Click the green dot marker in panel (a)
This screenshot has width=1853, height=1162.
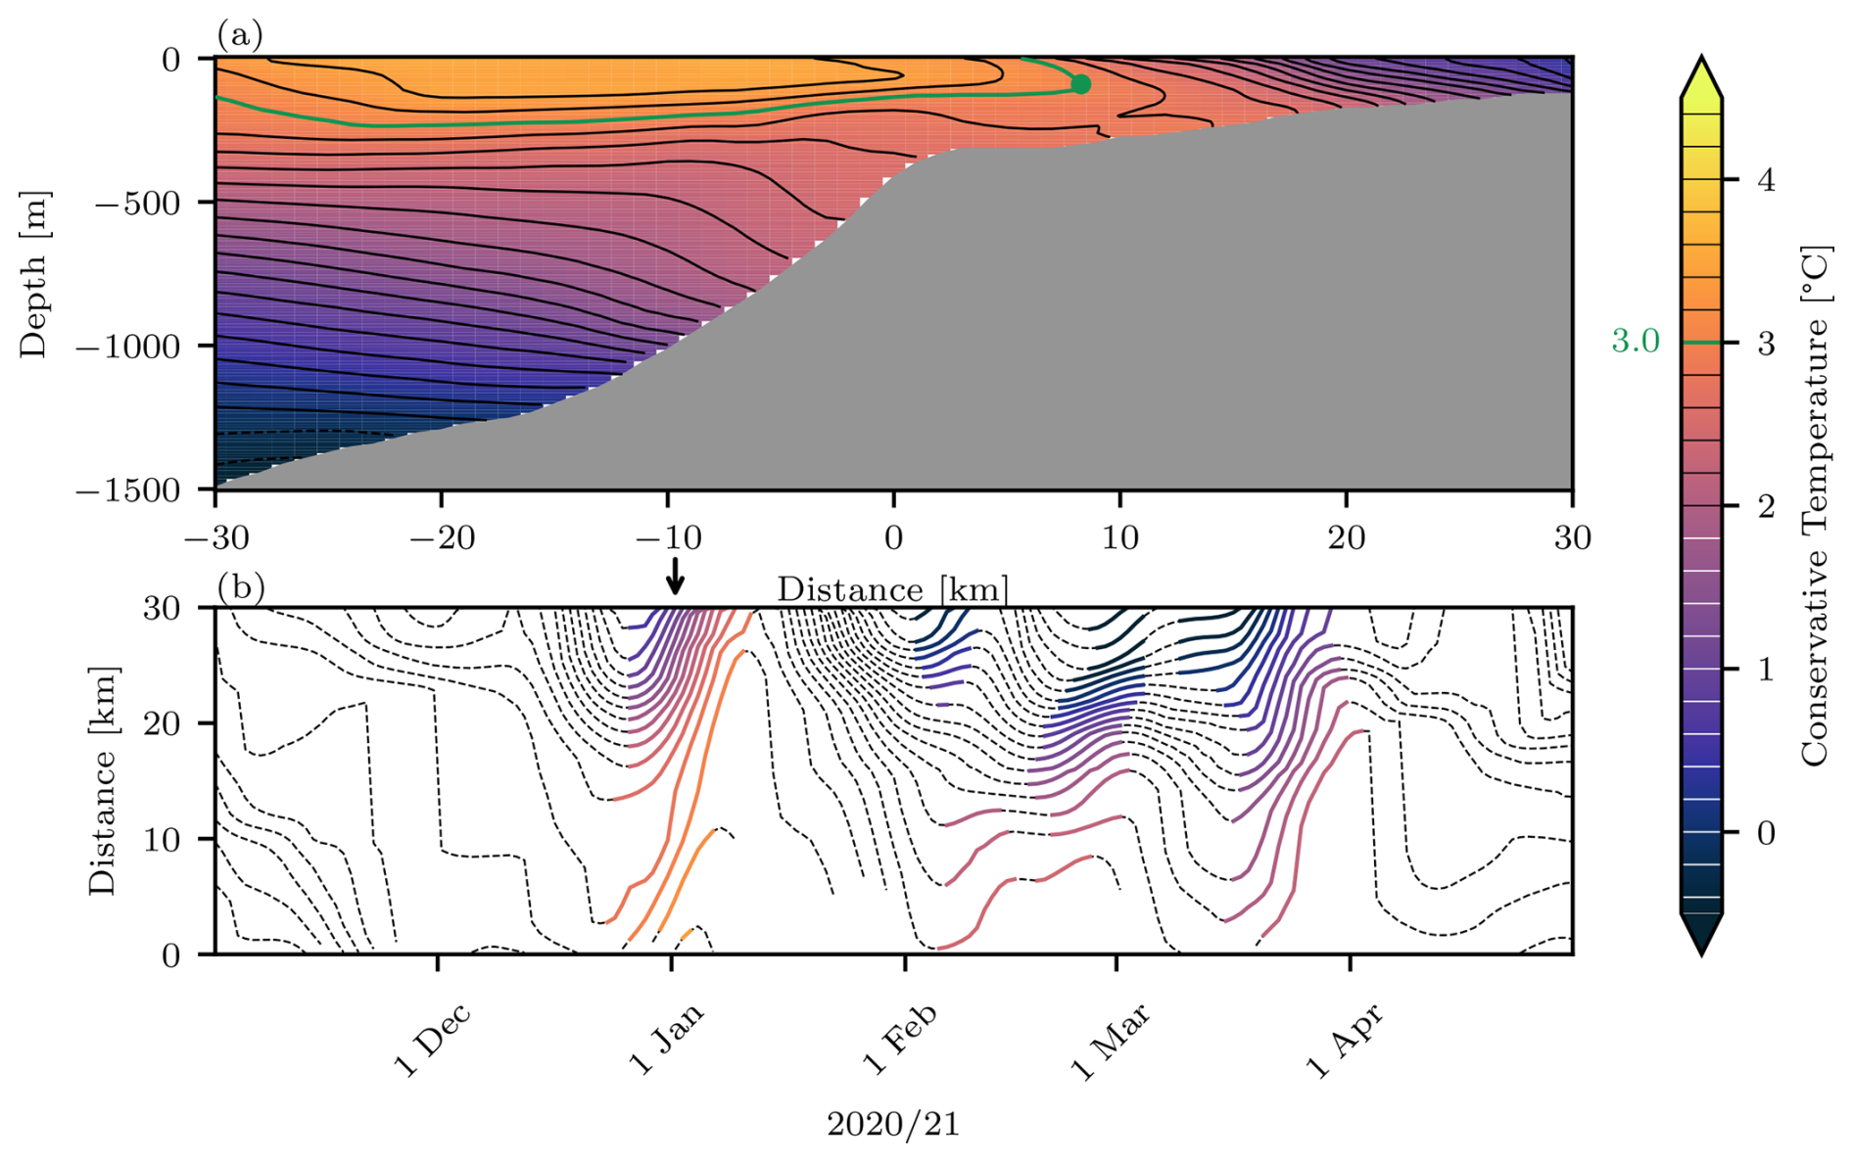1080,84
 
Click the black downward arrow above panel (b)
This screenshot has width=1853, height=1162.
675,577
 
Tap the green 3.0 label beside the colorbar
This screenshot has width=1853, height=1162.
1636,342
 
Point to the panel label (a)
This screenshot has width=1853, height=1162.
240,36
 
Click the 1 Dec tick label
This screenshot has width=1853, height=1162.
432,1040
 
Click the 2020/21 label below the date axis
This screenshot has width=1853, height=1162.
893,1125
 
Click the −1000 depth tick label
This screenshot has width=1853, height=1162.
128,347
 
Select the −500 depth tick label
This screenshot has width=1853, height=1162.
138,204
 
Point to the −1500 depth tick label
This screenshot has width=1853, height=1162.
128,489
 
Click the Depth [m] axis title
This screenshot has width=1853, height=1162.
34,275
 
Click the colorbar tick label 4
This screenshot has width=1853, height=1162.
1766,180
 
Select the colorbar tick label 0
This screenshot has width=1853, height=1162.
1766,833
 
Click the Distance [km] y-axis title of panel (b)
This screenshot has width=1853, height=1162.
102,780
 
